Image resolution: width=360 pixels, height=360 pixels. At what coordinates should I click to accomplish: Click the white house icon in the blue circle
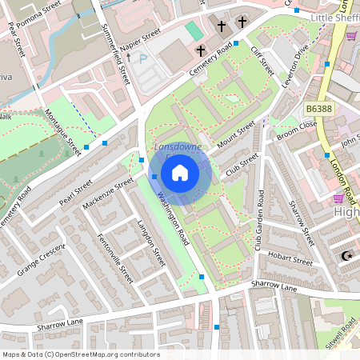tap(180, 172)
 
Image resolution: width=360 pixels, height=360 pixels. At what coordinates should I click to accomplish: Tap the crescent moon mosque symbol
tap(346, 255)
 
